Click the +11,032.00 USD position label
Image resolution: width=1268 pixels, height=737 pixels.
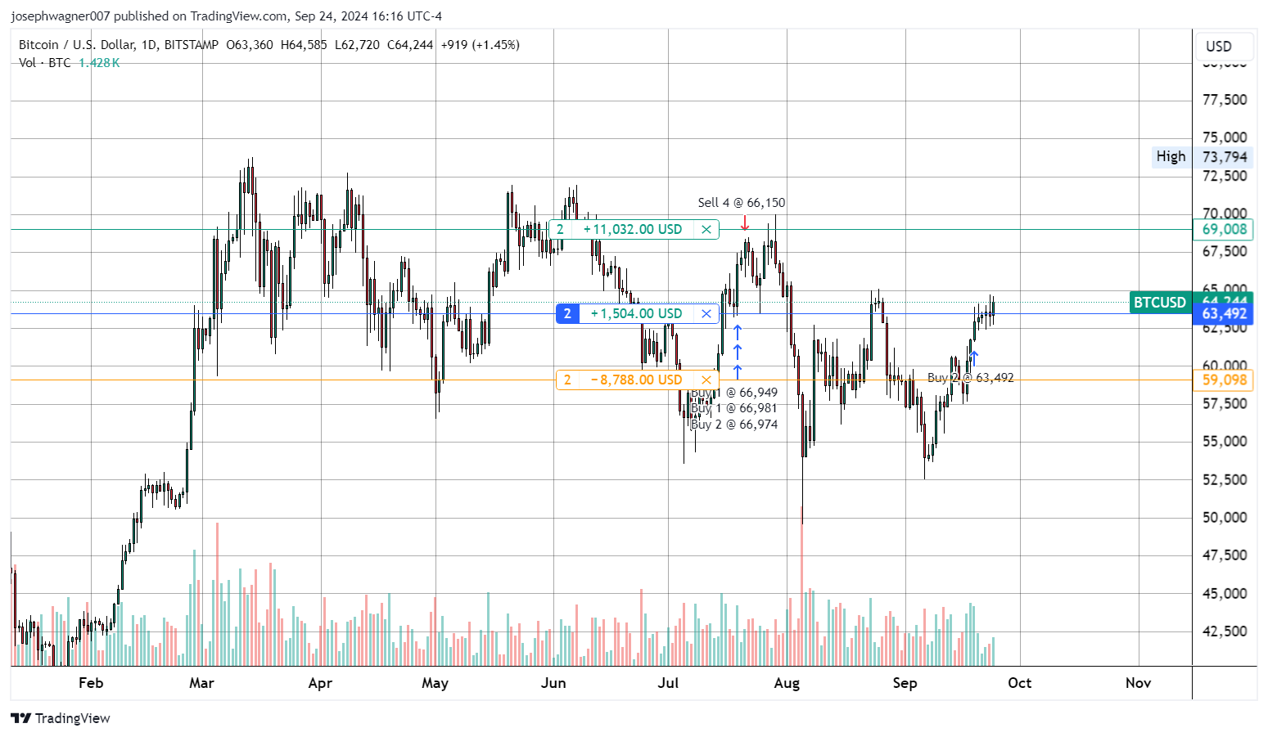(x=632, y=230)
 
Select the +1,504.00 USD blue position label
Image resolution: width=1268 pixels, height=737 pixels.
(x=636, y=313)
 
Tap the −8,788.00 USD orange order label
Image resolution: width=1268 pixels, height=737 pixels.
(x=636, y=380)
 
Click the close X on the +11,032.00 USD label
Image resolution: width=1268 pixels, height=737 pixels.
(x=706, y=230)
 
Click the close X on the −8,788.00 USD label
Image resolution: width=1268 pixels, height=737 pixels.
(x=706, y=380)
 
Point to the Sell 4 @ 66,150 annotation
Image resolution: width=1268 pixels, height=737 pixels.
(x=741, y=203)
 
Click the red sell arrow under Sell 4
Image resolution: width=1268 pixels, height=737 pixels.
(x=745, y=222)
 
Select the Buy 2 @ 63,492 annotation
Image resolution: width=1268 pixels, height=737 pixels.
(x=970, y=378)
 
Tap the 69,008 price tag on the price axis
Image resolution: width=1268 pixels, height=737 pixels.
(x=1224, y=230)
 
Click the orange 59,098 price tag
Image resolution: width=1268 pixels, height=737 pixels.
(x=1224, y=380)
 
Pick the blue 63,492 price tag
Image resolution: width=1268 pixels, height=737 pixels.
(x=1224, y=313)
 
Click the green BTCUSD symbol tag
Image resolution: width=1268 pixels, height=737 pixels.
(x=1159, y=303)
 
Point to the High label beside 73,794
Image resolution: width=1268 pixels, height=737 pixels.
(x=1171, y=156)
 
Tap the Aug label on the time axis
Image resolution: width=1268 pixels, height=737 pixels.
(x=787, y=683)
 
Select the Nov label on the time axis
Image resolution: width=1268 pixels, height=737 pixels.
(x=1138, y=683)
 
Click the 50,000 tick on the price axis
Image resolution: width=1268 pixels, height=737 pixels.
(x=1224, y=517)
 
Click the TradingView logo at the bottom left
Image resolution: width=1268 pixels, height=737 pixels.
(x=61, y=718)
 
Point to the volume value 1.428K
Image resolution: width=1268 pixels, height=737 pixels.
(x=99, y=63)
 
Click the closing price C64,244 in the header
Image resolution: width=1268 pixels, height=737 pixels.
(x=410, y=45)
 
